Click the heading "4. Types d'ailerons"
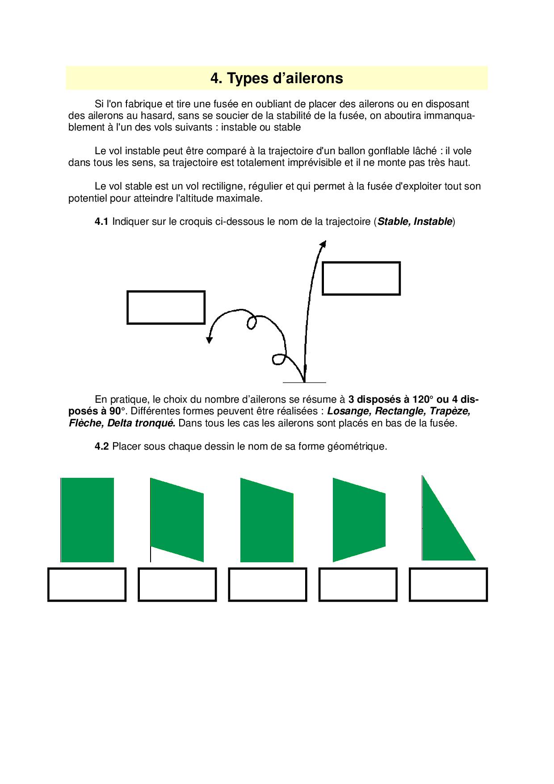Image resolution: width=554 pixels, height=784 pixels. [277, 79]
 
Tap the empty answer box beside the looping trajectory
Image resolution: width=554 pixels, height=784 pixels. [166, 308]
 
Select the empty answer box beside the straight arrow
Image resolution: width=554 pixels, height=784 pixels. [361, 278]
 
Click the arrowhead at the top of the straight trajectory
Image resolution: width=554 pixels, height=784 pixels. [323, 244]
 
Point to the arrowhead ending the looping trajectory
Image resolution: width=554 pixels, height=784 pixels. [209, 340]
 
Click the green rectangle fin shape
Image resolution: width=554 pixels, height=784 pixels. [87, 520]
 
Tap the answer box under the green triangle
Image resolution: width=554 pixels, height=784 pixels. [448, 585]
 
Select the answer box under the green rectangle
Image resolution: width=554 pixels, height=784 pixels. [87, 585]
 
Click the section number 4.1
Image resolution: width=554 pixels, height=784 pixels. [101, 222]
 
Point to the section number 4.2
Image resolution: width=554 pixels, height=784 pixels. [101, 447]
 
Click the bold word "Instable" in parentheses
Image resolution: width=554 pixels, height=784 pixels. [432, 222]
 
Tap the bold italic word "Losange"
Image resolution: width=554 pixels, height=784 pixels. [348, 411]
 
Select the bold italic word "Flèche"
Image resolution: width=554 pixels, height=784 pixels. [86, 423]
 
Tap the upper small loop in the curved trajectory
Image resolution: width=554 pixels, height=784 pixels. [252, 323]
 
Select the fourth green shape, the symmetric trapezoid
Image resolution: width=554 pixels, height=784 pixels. [359, 520]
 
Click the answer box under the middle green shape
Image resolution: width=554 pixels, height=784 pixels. [268, 585]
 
